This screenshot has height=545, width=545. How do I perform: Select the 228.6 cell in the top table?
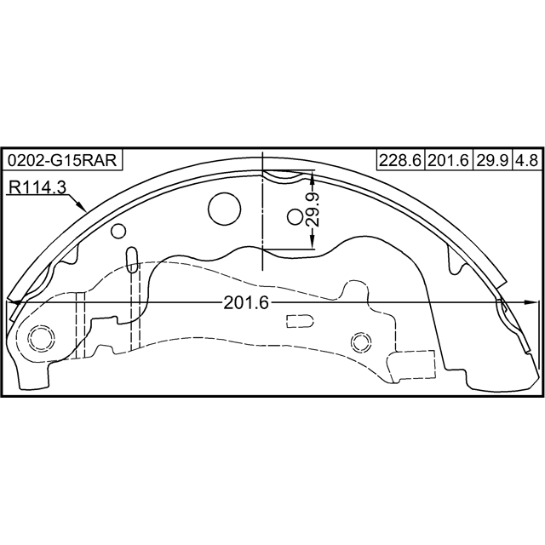point(400,160)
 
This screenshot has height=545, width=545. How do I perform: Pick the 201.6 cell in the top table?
point(448,160)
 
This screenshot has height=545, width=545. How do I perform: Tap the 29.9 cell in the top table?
point(491,160)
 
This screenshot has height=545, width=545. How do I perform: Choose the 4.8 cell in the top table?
point(525,160)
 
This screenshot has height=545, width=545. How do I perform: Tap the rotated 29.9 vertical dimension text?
point(313,209)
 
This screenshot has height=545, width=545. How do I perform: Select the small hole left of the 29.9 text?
point(295,217)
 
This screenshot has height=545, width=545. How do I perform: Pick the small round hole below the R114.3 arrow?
point(118,230)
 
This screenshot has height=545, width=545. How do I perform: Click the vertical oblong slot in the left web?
point(131,260)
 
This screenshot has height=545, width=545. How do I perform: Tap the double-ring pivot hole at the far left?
point(39,338)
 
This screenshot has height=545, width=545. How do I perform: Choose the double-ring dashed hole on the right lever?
point(360,342)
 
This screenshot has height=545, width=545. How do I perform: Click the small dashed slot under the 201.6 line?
point(301,321)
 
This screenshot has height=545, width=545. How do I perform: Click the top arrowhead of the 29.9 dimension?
point(313,175)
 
